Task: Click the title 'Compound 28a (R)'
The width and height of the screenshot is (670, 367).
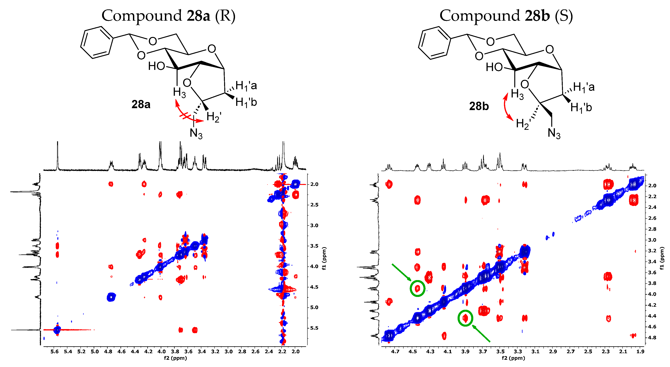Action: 168,16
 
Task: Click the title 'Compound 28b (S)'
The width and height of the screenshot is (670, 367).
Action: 506,16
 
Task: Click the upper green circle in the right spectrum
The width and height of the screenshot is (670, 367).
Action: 417,288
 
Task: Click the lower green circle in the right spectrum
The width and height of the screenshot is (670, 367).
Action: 465,318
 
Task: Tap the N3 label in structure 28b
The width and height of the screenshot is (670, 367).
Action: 554,133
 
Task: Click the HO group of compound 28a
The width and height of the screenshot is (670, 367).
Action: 156,66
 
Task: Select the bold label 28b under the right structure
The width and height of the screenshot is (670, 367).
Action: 479,106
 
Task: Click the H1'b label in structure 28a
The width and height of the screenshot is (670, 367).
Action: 246,102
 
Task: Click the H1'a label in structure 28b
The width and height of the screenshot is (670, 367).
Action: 584,87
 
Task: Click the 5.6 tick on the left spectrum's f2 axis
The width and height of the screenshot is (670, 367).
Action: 54,351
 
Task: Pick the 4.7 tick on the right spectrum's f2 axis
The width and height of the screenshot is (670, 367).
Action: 395,351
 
